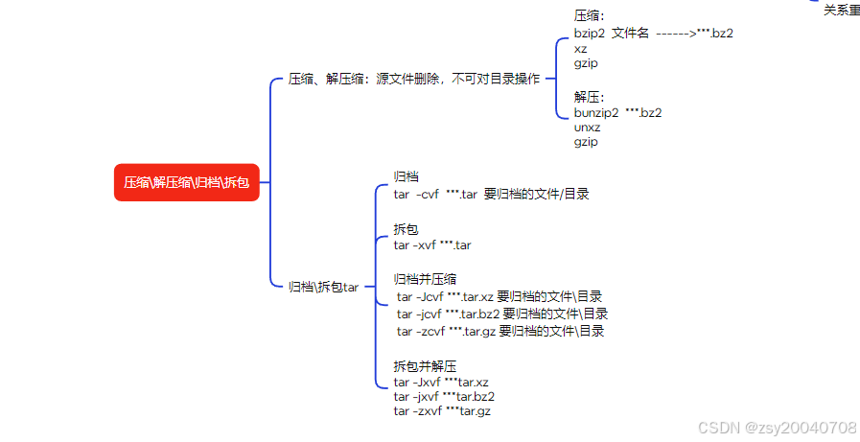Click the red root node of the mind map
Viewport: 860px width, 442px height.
pyautogui.click(x=187, y=182)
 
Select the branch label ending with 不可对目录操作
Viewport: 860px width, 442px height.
pyautogui.click(x=414, y=80)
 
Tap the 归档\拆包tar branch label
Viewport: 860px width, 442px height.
pyautogui.click(x=323, y=286)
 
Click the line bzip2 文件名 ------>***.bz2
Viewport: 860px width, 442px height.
pyautogui.click(x=654, y=33)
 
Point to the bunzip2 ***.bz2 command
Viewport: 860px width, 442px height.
pyautogui.click(x=617, y=112)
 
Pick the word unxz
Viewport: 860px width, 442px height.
pyautogui.click(x=586, y=128)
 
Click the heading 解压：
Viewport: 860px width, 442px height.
pyautogui.click(x=590, y=97)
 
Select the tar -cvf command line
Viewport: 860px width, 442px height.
pyautogui.click(x=491, y=194)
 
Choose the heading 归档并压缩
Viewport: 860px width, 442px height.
pyautogui.click(x=425, y=279)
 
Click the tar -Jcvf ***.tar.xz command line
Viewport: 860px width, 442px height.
pyautogui.click(x=500, y=296)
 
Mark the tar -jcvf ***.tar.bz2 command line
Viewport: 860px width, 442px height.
pyautogui.click(x=501, y=314)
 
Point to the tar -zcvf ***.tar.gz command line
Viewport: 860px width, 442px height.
pyautogui.click(x=500, y=331)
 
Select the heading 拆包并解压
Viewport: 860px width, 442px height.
pyautogui.click(x=425, y=365)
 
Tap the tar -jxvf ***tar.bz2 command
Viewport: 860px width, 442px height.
pyautogui.click(x=444, y=396)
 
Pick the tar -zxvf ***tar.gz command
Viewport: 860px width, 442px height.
pyautogui.click(x=442, y=410)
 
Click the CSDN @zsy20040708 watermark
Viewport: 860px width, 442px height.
pyautogui.click(x=777, y=427)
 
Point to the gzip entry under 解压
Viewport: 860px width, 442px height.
pyautogui.click(x=586, y=142)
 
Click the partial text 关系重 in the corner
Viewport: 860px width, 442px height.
pyautogui.click(x=841, y=10)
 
